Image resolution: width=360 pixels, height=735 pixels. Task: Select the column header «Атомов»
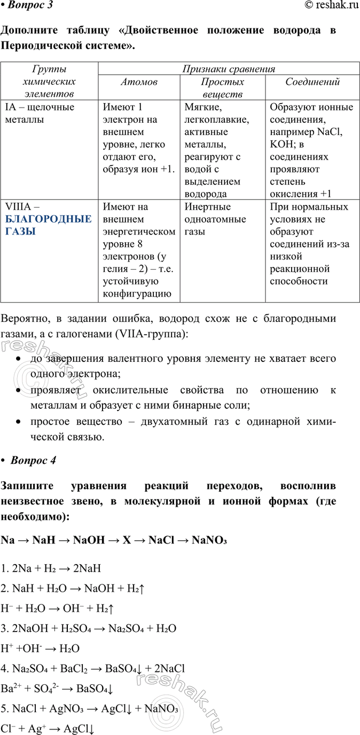tap(139, 82)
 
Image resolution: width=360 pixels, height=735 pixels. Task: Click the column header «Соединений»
tap(312, 82)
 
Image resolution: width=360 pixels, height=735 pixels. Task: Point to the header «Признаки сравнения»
tap(229, 69)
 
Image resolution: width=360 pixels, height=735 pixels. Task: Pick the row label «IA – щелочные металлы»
tap(40, 113)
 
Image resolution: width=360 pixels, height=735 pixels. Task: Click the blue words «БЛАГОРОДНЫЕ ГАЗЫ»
tap(48, 225)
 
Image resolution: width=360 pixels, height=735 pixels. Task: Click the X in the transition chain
tap(127, 540)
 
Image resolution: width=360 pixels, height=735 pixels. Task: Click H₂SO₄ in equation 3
tap(81, 629)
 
